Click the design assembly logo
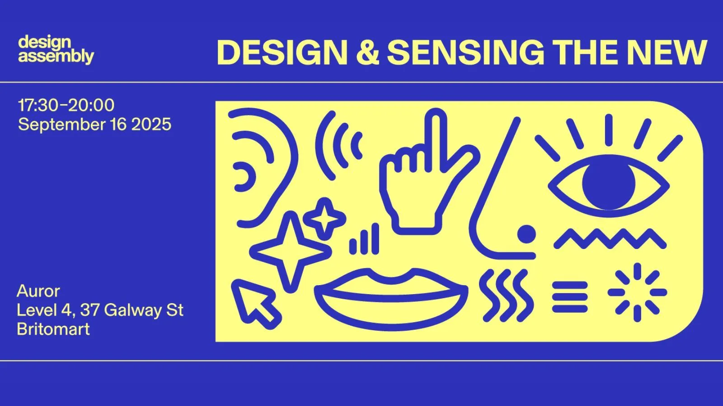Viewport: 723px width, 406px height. pos(56,50)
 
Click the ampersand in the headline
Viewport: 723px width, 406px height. pos(367,52)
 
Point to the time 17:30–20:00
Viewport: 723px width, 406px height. pos(66,105)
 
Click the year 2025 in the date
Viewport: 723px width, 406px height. pos(151,125)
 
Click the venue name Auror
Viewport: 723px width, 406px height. pos(38,291)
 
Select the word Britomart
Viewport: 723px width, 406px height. pos(53,329)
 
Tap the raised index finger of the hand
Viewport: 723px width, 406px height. pos(437,138)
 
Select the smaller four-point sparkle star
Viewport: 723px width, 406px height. pos(324,219)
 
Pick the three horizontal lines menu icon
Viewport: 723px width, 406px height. pos(570,297)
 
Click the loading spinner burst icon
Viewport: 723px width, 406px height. pos(637,292)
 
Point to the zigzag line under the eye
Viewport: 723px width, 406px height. pos(610,239)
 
